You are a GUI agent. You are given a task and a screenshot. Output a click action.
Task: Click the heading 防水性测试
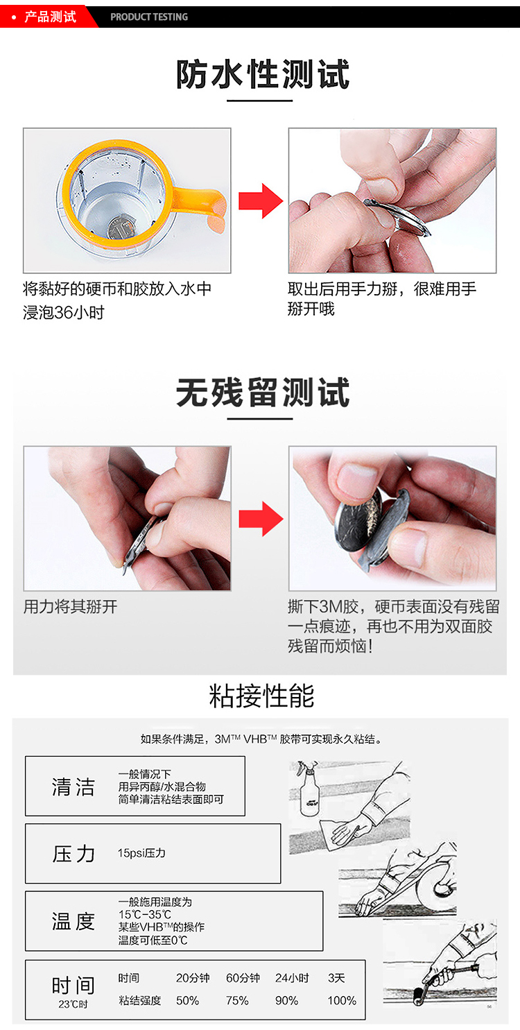click(262, 74)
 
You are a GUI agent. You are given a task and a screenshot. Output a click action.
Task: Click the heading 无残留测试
click(262, 393)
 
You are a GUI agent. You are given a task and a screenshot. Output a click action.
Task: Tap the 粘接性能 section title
click(261, 696)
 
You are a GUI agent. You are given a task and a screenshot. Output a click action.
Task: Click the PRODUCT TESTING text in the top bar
click(149, 17)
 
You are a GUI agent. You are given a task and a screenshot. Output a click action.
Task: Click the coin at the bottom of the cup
click(119, 227)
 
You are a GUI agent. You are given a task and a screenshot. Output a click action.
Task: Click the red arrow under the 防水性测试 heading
click(261, 200)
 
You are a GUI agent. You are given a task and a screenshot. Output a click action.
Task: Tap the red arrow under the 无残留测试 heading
click(261, 518)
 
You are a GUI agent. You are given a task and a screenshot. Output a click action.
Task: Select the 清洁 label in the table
click(73, 787)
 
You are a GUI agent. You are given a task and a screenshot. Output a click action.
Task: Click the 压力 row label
click(73, 853)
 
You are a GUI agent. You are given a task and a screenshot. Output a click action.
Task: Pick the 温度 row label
click(73, 921)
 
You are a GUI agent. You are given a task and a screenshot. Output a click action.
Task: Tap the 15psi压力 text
click(141, 853)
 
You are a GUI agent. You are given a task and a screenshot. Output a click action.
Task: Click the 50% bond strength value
click(187, 1000)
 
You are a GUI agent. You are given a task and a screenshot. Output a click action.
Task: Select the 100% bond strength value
click(342, 1000)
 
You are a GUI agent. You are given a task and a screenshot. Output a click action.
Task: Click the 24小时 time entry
click(292, 978)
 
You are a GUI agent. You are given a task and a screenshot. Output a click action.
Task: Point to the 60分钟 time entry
click(243, 978)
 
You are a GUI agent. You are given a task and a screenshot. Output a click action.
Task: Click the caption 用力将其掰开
click(71, 607)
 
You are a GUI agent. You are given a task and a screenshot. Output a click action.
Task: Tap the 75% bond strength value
click(237, 1000)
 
